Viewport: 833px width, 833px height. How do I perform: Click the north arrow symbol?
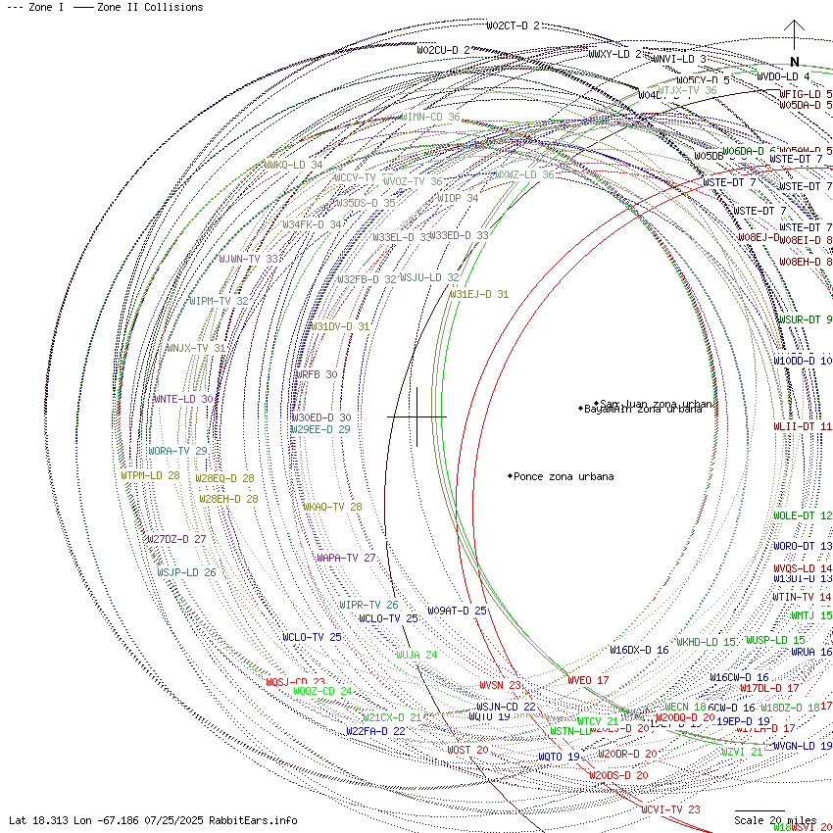tap(795, 43)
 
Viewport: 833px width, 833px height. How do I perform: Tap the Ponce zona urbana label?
tap(563, 476)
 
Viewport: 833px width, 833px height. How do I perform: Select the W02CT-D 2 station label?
tap(513, 25)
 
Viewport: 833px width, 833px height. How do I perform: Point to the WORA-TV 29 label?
tap(177, 451)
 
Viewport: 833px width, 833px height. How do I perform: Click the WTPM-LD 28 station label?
tap(150, 475)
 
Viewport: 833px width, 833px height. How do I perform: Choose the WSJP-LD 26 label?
tap(186, 572)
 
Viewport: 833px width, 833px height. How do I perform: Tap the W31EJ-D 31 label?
tap(479, 294)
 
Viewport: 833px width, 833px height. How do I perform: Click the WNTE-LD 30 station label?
tap(182, 399)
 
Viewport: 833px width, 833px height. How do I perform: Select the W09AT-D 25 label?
tap(457, 611)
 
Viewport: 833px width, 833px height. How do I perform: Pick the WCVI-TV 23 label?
tap(670, 809)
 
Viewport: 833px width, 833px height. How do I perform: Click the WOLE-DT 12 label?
tap(803, 515)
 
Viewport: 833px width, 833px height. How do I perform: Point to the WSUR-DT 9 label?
tap(805, 319)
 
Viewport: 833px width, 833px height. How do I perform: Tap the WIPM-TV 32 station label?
tap(218, 301)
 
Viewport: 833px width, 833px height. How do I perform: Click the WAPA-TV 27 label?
tap(346, 558)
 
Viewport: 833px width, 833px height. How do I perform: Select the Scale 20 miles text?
tap(775, 820)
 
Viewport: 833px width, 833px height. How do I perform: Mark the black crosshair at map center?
tap(417, 416)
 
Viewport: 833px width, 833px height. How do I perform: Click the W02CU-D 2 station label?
tap(443, 50)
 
